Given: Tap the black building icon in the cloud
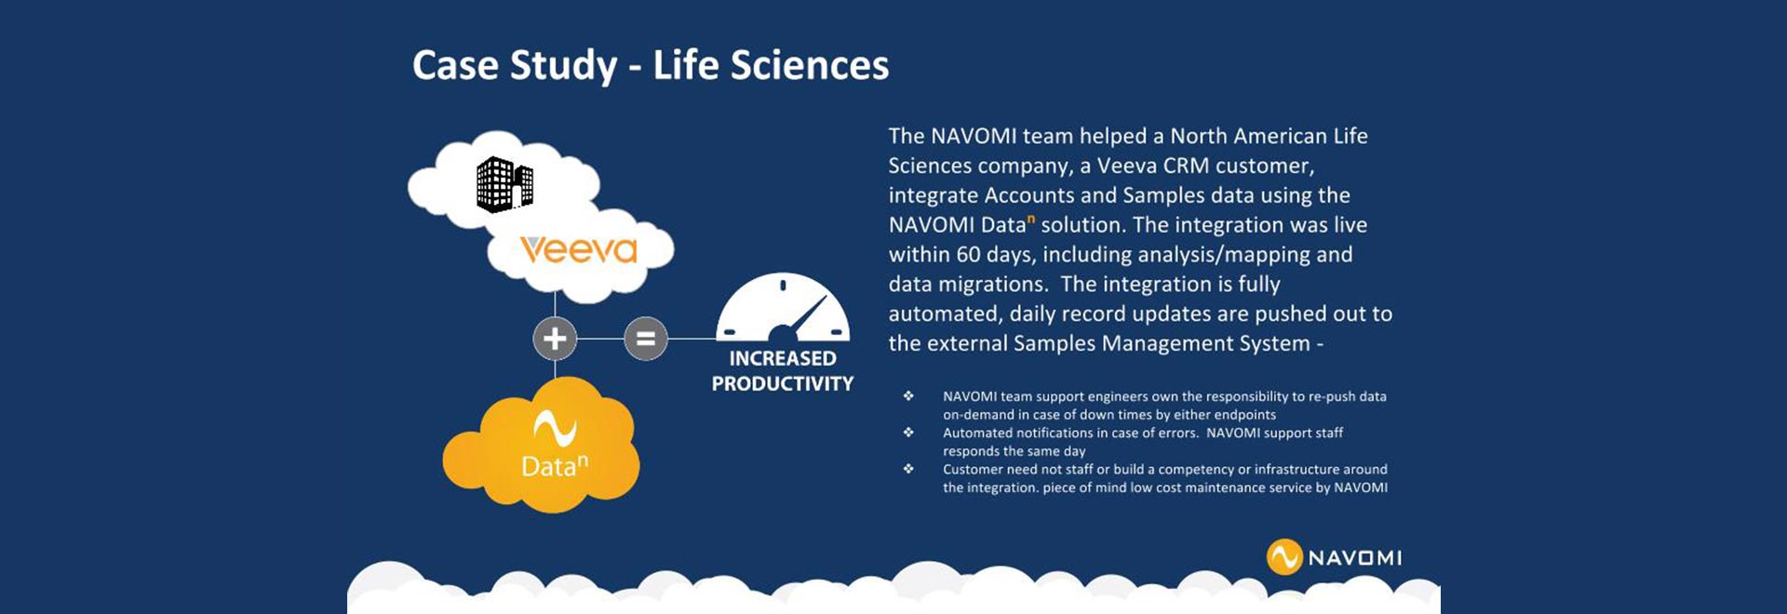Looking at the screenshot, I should (504, 184).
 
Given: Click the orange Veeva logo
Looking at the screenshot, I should (578, 249).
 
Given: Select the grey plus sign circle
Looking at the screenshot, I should (555, 338).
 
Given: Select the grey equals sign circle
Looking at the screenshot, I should (645, 338).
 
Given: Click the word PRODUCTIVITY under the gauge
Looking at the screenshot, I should (782, 383).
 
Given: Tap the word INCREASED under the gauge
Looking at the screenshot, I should (782, 358).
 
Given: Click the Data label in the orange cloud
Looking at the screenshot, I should (549, 466).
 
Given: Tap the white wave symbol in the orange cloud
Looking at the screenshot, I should (555, 428).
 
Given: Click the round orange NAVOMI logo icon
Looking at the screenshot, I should (1283, 557).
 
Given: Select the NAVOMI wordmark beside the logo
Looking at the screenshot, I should (1354, 558).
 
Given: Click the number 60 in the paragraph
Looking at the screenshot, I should (968, 255).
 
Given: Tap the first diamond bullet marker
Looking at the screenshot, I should (908, 396).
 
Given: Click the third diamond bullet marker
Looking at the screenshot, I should (908, 469).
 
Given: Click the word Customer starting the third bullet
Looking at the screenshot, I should (973, 469).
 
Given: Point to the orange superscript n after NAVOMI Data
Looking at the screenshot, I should (1031, 219).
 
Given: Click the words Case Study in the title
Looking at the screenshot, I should (515, 65).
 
